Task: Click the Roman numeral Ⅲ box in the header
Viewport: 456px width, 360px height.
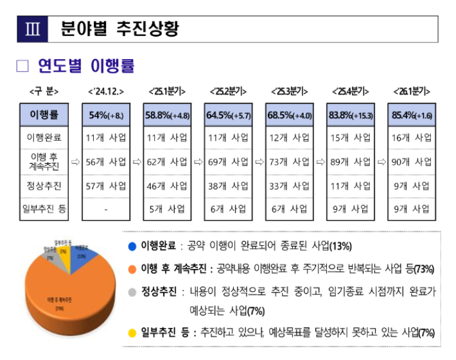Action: (x=31, y=29)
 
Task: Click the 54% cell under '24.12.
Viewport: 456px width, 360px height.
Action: (x=106, y=115)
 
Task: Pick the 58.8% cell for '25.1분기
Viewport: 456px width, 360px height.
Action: (x=166, y=115)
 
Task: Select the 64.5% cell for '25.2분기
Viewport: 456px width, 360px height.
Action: (x=228, y=115)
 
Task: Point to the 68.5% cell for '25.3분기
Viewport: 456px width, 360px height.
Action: (x=289, y=115)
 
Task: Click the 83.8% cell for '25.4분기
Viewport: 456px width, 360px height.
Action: (x=350, y=115)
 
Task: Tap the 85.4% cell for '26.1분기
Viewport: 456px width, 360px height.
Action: (x=411, y=115)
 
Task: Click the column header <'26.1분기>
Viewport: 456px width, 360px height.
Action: (x=412, y=91)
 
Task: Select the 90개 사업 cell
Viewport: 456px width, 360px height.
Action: (x=412, y=162)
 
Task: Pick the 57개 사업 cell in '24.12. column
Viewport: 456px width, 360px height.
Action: (x=106, y=186)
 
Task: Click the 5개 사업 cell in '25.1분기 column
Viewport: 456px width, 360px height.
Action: (x=167, y=209)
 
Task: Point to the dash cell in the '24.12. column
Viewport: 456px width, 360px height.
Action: (x=106, y=209)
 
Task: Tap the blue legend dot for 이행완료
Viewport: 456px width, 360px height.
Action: (x=132, y=246)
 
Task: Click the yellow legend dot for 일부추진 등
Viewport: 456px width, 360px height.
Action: (x=132, y=332)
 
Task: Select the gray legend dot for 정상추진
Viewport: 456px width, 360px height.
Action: (x=132, y=291)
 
